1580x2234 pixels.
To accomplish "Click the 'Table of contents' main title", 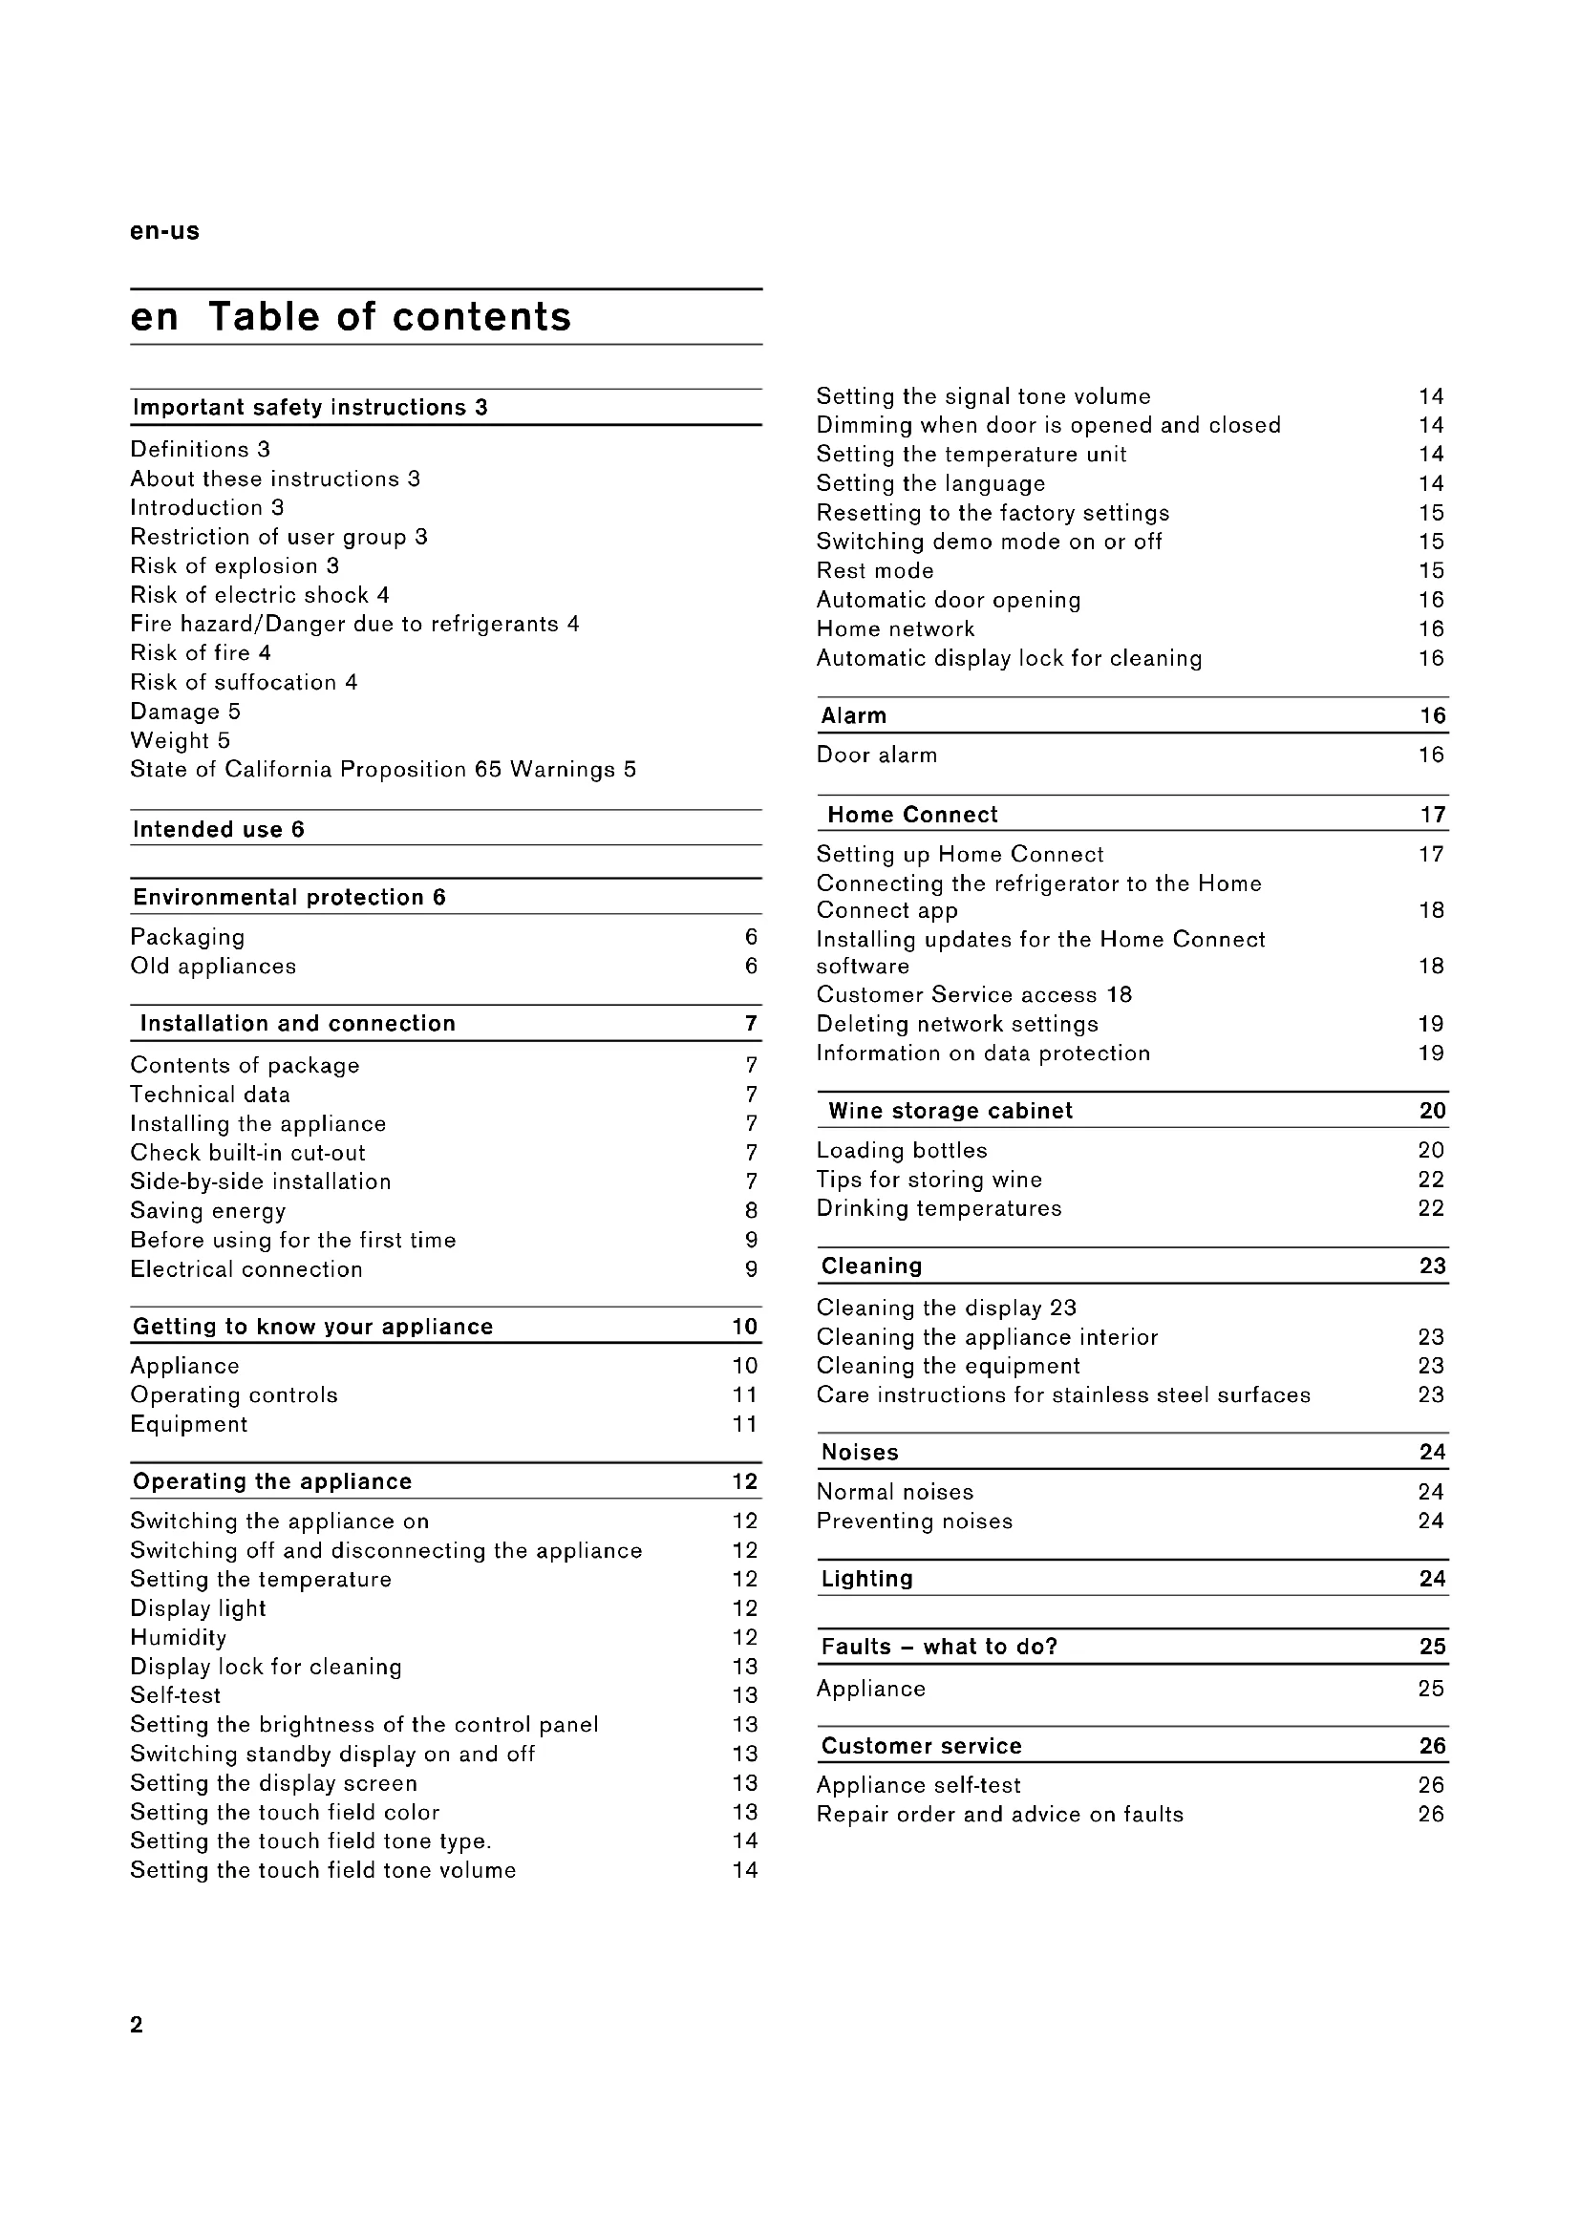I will pyautogui.click(x=389, y=317).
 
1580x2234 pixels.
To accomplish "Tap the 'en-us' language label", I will pyautogui.click(x=164, y=231).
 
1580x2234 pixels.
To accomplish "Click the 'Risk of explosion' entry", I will pyautogui.click(x=234, y=566).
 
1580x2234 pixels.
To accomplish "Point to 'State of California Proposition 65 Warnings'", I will pyautogui.click(x=382, y=770).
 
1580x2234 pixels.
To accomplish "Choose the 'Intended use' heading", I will pyautogui.click(x=218, y=829).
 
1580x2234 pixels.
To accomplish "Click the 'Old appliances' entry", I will pyautogui.click(x=213, y=967).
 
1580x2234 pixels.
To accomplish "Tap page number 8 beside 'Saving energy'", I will pyautogui.click(x=751, y=1211).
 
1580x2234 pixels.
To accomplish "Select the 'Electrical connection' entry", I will pyautogui.click(x=246, y=1269).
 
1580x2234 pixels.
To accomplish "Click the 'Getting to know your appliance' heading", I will pyautogui.click(x=312, y=1328).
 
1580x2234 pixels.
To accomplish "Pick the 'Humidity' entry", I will pyautogui.click(x=178, y=1638).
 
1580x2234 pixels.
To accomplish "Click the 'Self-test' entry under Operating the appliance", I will pyautogui.click(x=175, y=1695).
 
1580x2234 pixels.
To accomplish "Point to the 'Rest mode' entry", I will pyautogui.click(x=875, y=571).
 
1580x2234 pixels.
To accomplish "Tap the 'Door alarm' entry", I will pyautogui.click(x=877, y=755).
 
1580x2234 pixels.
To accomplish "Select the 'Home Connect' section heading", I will pyautogui.click(x=912, y=815).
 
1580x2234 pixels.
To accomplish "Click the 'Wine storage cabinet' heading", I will pyautogui.click(x=950, y=1111).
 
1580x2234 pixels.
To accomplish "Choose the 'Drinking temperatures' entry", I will pyautogui.click(x=939, y=1208).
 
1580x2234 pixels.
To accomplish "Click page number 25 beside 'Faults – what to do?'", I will pyautogui.click(x=1432, y=1647).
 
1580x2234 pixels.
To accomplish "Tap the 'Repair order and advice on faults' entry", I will pyautogui.click(x=999, y=1815).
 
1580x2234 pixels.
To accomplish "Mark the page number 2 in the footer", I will pyautogui.click(x=137, y=2025).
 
